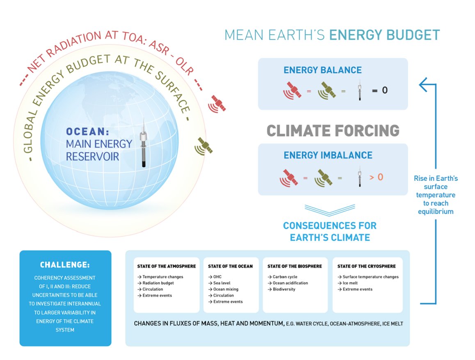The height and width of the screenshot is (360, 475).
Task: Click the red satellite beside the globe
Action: click(x=217, y=104)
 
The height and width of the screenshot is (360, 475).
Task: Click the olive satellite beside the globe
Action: click(x=203, y=146)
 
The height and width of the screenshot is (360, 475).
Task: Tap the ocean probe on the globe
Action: click(x=144, y=143)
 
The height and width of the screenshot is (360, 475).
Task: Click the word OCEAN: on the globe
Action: click(x=87, y=131)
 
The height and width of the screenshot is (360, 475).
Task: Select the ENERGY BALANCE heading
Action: click(x=323, y=70)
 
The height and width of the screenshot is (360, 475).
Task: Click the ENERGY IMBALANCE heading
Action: click(x=328, y=155)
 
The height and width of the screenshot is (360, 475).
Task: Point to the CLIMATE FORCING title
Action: click(x=333, y=131)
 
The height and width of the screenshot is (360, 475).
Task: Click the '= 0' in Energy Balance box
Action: click(x=380, y=90)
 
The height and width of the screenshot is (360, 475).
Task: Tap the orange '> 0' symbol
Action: click(x=376, y=177)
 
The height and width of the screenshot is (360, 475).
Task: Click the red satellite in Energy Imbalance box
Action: click(x=289, y=178)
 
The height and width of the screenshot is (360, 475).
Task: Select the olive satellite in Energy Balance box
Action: click(x=327, y=91)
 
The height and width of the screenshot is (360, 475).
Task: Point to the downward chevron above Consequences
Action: click(x=330, y=210)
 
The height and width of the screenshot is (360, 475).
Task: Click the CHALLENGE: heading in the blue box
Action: click(x=65, y=265)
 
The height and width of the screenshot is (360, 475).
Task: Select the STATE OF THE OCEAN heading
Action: click(x=230, y=267)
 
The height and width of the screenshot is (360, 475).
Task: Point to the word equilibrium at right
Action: click(x=436, y=212)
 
